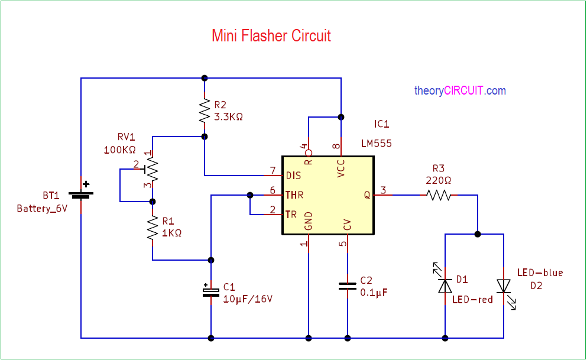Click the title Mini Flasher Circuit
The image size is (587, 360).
click(x=271, y=36)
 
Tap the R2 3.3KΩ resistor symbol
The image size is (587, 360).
click(x=205, y=111)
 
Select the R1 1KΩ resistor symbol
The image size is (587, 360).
click(x=153, y=228)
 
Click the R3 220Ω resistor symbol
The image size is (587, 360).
click(x=439, y=195)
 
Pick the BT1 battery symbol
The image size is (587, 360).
click(x=81, y=194)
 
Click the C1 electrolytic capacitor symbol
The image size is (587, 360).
click(x=211, y=291)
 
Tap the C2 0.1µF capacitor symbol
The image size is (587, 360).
click(x=348, y=286)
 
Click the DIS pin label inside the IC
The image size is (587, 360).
click(x=293, y=176)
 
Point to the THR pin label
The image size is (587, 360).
click(x=294, y=195)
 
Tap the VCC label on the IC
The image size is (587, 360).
click(x=340, y=168)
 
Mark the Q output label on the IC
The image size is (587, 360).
click(x=367, y=195)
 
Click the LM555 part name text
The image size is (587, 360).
click(x=376, y=143)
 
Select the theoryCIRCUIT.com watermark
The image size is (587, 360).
click(x=460, y=90)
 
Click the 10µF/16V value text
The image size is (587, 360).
click(x=248, y=299)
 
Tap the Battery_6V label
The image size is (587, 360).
click(x=42, y=209)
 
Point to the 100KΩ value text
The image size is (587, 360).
click(x=120, y=150)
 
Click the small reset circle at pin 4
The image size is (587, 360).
click(x=309, y=153)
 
